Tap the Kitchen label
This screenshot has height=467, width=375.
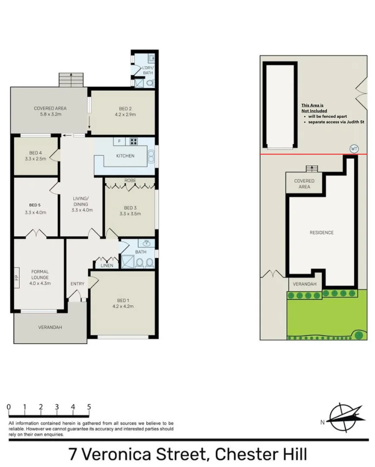point(125,156)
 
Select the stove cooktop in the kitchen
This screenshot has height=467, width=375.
point(134,141)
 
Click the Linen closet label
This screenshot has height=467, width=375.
point(107,265)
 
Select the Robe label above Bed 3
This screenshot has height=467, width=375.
point(130,180)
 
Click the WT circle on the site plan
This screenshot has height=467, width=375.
point(354,149)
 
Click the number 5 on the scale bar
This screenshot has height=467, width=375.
point(89,406)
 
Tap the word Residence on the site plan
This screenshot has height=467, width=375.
point(321,233)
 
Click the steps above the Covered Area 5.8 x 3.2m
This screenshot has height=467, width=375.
point(71,80)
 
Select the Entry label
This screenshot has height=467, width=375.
point(77,284)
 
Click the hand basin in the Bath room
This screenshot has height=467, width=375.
point(148,243)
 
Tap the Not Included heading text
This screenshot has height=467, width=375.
point(314,111)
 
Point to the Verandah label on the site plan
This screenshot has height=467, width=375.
point(305,284)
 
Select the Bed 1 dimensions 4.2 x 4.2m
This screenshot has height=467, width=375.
point(122,306)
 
